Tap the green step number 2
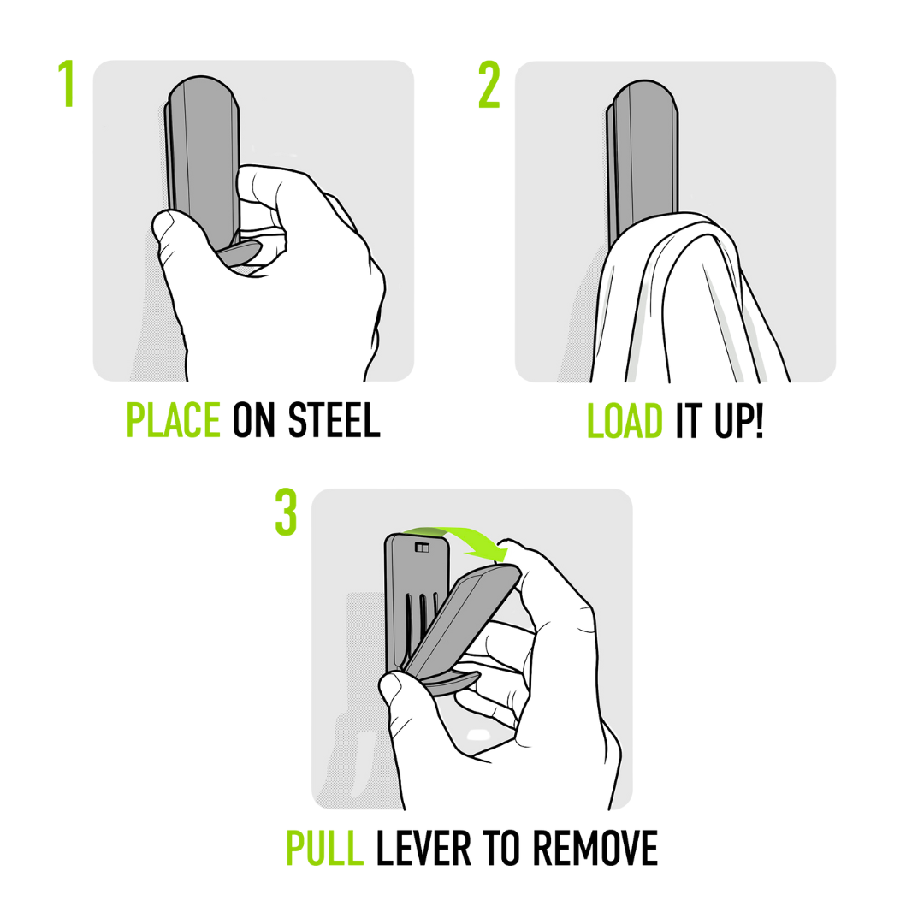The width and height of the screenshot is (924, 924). tap(489, 86)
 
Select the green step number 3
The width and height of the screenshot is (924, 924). tap(286, 512)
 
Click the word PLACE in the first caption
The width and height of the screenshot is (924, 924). tap(173, 420)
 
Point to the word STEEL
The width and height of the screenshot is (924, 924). tap(335, 420)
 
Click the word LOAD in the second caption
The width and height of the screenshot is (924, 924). tap(625, 421)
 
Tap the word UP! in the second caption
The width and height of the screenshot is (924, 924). tap(739, 421)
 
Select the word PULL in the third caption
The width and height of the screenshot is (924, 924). tap(324, 848)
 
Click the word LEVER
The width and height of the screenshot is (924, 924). tap(423, 848)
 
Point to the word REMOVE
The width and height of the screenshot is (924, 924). tap(595, 848)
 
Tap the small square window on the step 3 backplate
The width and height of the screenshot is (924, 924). tap(422, 548)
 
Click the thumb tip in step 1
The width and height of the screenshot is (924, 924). tap(165, 225)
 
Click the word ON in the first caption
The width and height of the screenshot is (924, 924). tap(253, 420)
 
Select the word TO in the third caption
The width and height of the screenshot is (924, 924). tap(501, 848)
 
